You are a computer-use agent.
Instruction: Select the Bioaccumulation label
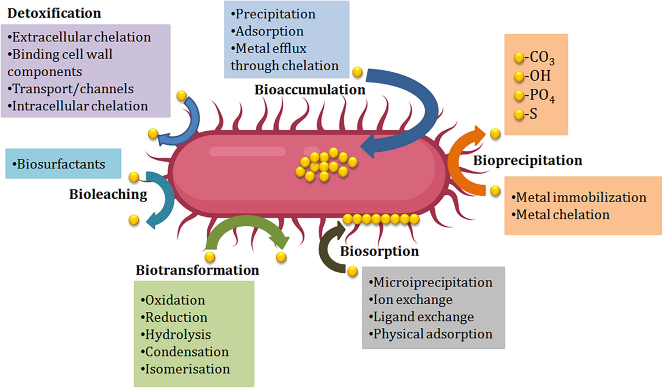310,90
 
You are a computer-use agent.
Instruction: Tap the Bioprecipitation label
528,161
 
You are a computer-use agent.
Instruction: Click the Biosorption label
379,252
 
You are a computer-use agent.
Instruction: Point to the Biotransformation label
197,270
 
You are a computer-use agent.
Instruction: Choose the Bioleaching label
108,194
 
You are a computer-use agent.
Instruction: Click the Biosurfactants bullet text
61,164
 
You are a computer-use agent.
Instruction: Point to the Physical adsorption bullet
432,334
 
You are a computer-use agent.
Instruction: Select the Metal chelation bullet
560,214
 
